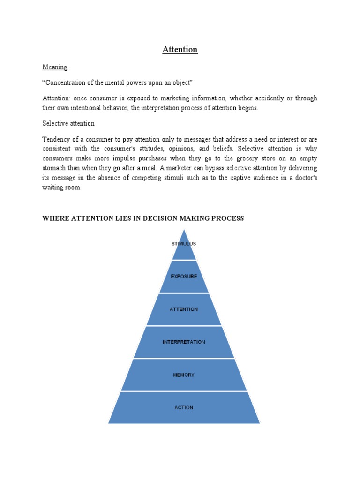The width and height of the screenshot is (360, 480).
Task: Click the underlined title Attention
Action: point(180,50)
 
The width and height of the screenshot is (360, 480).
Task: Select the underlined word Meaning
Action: point(55,67)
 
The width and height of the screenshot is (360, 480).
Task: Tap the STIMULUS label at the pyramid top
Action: point(184,244)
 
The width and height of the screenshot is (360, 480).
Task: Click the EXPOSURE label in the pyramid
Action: point(184,277)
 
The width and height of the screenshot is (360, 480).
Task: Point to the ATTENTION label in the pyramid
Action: point(184,309)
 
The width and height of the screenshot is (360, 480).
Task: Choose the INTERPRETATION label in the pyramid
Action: point(184,342)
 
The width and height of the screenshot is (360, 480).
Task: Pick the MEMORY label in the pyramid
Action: point(184,375)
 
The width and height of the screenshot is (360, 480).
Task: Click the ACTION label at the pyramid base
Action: point(184,408)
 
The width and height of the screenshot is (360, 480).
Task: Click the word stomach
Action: point(55,168)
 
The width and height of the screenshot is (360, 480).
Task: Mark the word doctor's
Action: point(304,178)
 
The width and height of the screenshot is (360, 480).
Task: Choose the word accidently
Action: point(262,98)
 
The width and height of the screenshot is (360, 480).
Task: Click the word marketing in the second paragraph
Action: point(162,98)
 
